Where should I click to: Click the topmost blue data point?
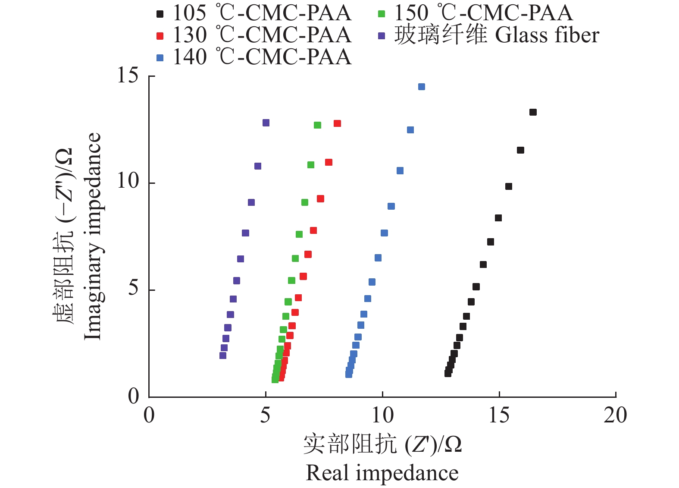pyautogui.click(x=422, y=87)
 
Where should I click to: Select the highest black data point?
pyautogui.click(x=533, y=112)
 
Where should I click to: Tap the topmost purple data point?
pyautogui.click(x=266, y=123)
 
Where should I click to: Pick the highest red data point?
pyautogui.click(x=337, y=123)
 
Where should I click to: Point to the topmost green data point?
pyautogui.click(x=318, y=125)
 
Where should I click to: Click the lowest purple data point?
pyautogui.click(x=223, y=356)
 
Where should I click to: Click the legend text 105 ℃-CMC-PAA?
pyautogui.click(x=262, y=13)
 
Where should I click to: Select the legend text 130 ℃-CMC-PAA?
pyautogui.click(x=262, y=35)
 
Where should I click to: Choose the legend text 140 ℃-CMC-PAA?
pyautogui.click(x=262, y=57)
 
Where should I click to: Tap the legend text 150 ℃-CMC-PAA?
pyautogui.click(x=483, y=13)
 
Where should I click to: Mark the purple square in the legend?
pyautogui.click(x=382, y=36)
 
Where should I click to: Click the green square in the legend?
pyautogui.click(x=382, y=14)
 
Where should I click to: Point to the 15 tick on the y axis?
pyautogui.click(x=128, y=76)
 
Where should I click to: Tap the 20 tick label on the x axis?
pyautogui.click(x=615, y=416)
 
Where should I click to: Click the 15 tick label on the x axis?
pyautogui.click(x=499, y=416)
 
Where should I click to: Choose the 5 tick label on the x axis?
pyautogui.click(x=265, y=416)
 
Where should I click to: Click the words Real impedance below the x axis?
pyautogui.click(x=382, y=473)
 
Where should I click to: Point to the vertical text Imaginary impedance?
pyautogui.click(x=92, y=236)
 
